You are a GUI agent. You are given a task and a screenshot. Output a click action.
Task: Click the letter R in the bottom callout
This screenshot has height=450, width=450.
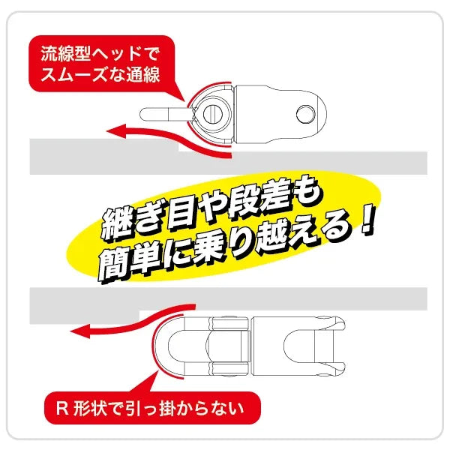click(62, 408)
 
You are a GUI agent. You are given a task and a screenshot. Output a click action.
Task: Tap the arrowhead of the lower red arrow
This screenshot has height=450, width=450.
click(80, 331)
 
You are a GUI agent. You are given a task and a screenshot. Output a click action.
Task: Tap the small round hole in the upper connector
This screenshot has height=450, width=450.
click(306, 114)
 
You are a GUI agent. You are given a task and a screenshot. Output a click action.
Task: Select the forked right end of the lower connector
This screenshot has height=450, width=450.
click(316, 346)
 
